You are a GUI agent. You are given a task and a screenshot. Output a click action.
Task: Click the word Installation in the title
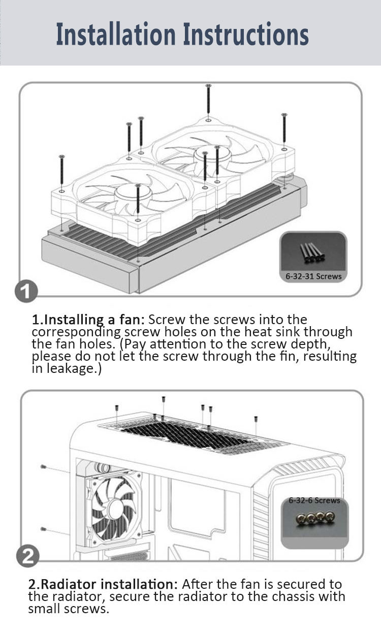116,34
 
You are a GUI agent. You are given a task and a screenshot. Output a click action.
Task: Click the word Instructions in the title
246,34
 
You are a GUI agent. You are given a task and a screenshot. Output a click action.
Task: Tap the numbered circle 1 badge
26,291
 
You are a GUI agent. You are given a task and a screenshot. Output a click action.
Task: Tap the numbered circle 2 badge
28,556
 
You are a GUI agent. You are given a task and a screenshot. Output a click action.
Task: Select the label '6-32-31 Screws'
313,276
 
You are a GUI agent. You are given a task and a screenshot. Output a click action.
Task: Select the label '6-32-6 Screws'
314,500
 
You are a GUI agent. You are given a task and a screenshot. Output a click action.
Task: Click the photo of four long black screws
312,252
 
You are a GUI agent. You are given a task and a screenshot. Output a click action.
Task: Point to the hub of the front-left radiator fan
133,192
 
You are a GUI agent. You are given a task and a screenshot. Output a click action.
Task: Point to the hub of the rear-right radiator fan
212,155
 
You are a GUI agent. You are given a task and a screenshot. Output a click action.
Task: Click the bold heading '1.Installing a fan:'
88,320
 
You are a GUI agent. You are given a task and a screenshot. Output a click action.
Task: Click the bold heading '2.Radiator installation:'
103,584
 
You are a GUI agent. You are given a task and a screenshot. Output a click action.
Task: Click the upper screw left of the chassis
43,466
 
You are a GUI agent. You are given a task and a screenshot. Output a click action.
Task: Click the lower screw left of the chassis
43,529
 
